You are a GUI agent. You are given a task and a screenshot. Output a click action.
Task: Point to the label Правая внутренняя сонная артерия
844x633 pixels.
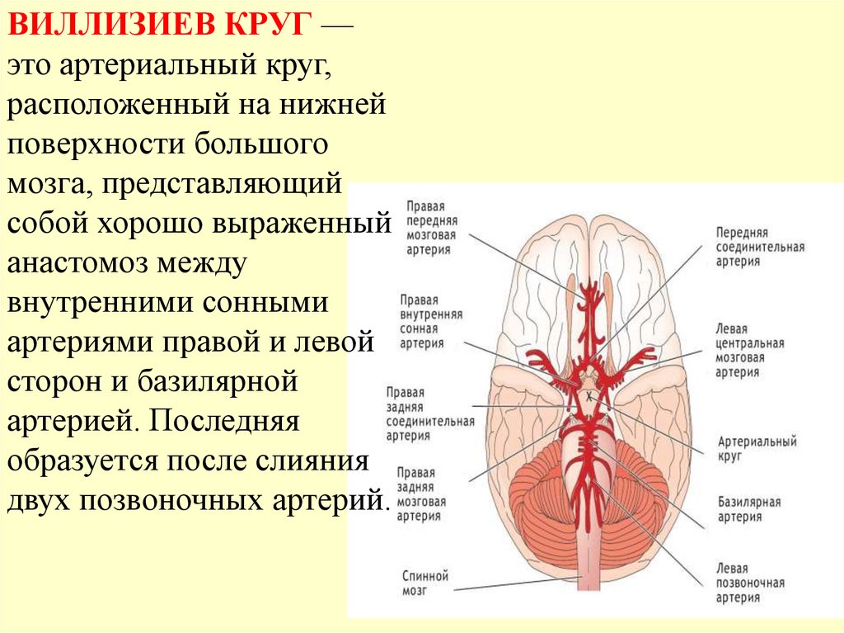click(x=431, y=321)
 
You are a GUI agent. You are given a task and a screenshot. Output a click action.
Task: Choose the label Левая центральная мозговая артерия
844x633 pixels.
click(x=750, y=351)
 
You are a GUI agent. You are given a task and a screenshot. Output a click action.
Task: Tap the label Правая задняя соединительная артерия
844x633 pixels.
click(x=429, y=413)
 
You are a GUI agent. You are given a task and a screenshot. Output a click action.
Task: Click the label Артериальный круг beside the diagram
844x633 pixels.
click(x=757, y=448)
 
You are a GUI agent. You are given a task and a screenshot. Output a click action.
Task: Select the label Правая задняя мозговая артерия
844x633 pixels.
click(x=421, y=494)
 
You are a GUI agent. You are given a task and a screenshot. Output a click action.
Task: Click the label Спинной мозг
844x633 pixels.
click(x=425, y=583)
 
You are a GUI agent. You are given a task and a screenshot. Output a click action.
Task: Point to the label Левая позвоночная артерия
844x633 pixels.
click(x=750, y=583)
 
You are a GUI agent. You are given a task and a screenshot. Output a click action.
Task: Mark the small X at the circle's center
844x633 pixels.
click(x=589, y=397)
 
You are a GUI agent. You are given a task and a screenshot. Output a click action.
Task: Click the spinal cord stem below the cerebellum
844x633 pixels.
click(x=588, y=561)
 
